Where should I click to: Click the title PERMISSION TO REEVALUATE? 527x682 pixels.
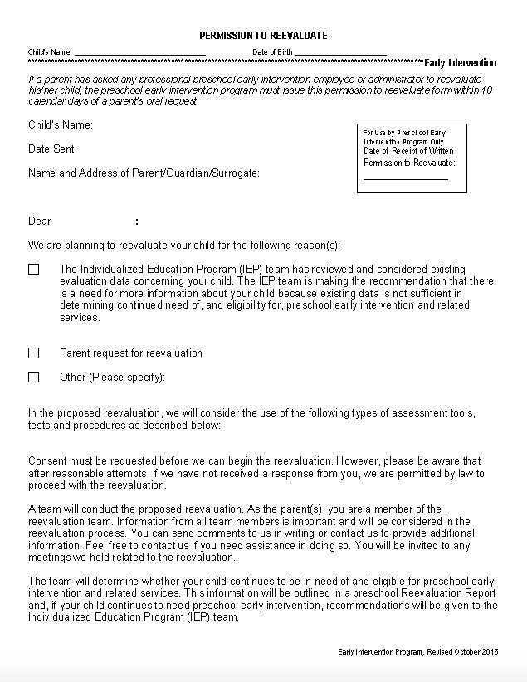point(263,36)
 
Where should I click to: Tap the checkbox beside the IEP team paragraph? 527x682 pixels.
point(34,270)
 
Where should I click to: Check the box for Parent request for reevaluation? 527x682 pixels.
point(34,353)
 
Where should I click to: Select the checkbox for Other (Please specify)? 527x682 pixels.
point(34,378)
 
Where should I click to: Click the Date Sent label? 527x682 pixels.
point(52,149)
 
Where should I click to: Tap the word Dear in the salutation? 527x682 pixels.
point(40,222)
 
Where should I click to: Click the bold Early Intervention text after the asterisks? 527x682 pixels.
point(461,63)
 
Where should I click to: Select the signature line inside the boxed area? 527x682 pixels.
point(405,178)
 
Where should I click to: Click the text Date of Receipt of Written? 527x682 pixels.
point(408,151)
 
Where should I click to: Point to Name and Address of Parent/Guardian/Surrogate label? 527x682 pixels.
point(144,173)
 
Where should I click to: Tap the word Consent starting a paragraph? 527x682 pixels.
point(47,461)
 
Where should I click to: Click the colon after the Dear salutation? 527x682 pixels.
point(136,222)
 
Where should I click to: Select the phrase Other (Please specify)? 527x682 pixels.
point(112,378)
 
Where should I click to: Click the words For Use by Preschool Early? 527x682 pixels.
point(404,133)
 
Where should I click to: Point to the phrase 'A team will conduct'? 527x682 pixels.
point(71,509)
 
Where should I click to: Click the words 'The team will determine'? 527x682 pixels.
point(80,582)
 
